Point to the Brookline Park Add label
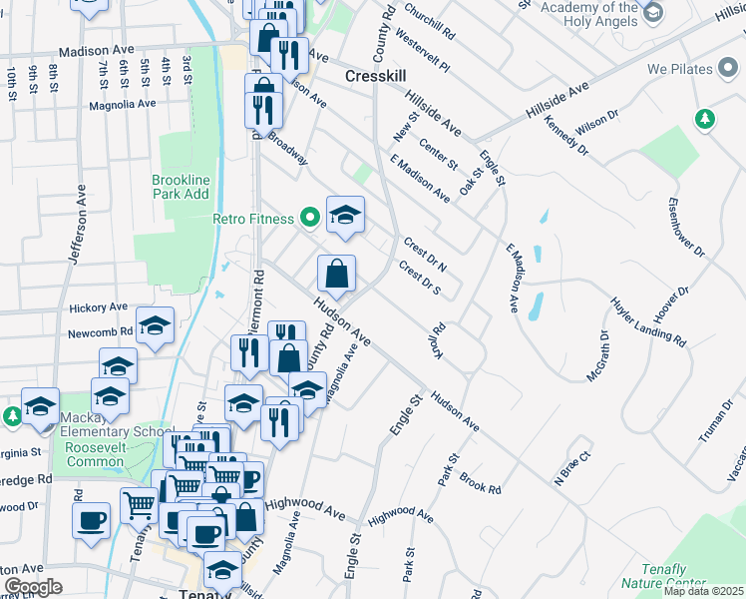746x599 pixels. (x=181, y=187)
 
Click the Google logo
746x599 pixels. (x=33, y=587)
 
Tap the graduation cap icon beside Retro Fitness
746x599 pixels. (x=345, y=215)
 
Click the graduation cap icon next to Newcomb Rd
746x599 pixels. (x=155, y=324)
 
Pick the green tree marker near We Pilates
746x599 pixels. (x=705, y=119)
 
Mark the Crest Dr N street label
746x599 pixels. (x=425, y=254)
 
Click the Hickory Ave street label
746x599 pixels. (x=98, y=307)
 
